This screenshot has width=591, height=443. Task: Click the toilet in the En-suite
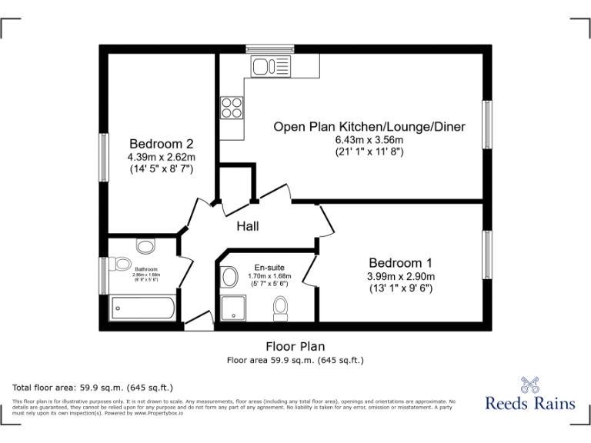click(281, 309)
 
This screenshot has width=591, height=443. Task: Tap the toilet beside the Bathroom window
click(121, 265)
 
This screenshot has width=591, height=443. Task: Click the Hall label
click(247, 226)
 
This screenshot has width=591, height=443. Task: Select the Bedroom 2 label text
click(161, 143)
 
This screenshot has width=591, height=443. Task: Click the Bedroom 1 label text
click(400, 262)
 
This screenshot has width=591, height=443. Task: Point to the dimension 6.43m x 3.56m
click(369, 140)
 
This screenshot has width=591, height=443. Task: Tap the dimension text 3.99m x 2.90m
click(400, 276)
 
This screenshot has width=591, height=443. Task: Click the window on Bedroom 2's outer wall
click(103, 158)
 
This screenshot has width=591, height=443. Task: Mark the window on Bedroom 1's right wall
click(486, 255)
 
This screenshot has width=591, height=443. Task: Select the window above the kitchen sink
click(270, 48)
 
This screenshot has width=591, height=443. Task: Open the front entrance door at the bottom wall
click(199, 322)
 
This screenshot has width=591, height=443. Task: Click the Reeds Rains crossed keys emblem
click(529, 384)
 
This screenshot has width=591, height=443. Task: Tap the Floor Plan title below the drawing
click(295, 346)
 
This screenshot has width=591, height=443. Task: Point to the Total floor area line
click(92, 387)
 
